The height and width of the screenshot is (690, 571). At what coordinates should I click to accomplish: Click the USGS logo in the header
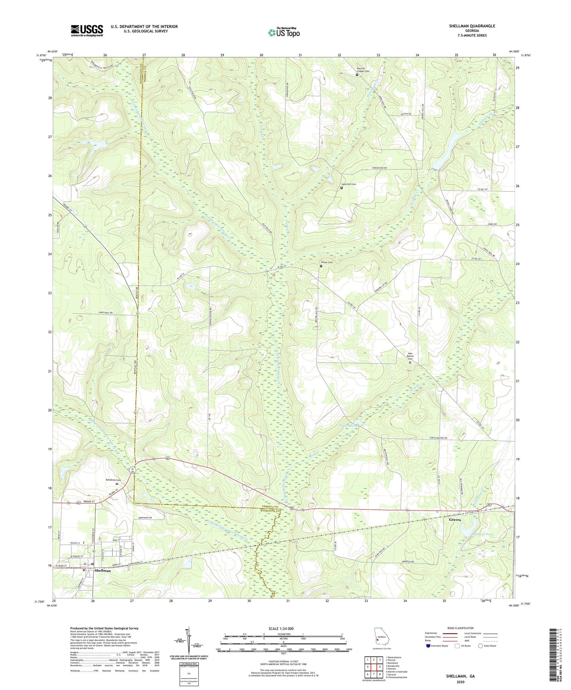pyautogui.click(x=87, y=30)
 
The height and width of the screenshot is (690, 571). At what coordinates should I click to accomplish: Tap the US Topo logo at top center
pyautogui.click(x=284, y=32)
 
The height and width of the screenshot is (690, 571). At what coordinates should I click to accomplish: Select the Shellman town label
pyautogui.click(x=103, y=571)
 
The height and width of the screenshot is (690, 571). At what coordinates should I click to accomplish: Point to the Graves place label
pyautogui.click(x=455, y=520)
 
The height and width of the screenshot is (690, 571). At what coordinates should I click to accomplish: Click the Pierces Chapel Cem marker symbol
pyautogui.click(x=357, y=75)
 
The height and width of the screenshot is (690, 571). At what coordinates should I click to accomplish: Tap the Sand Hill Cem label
pyautogui.click(x=349, y=184)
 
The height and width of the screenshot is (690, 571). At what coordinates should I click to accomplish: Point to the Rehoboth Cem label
pyautogui.click(x=113, y=480)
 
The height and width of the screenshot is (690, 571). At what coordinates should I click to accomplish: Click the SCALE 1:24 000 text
pyautogui.click(x=281, y=629)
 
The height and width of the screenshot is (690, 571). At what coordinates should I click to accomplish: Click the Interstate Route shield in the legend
pyautogui.click(x=428, y=646)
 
